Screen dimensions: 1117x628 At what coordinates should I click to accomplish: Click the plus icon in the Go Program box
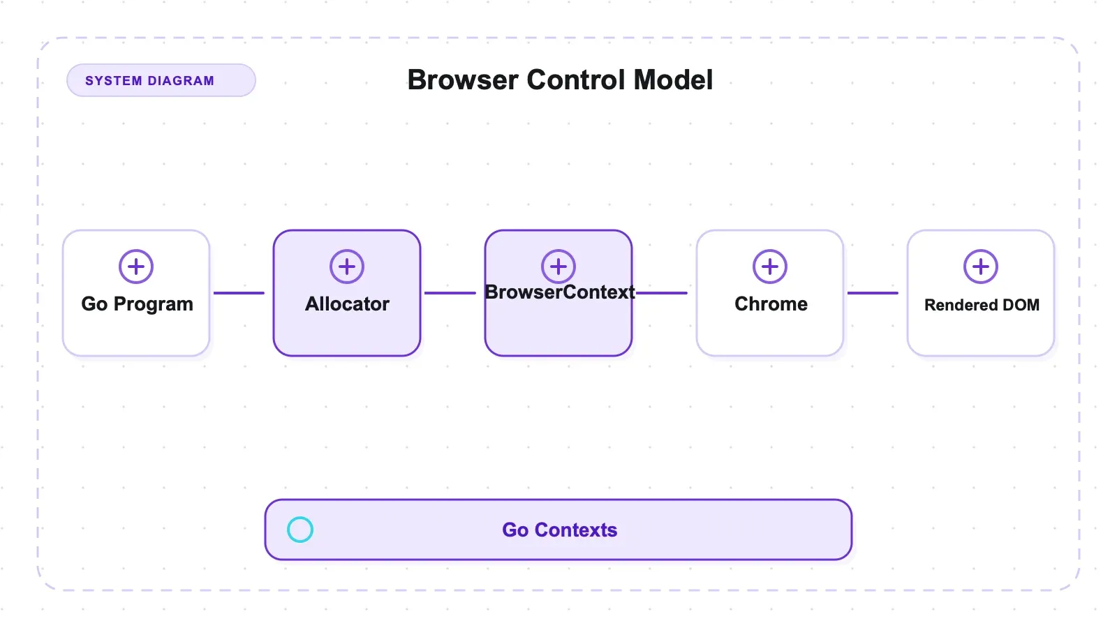[135, 267]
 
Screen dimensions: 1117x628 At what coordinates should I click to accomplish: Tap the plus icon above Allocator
[346, 267]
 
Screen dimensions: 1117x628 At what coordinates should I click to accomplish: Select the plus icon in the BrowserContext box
[558, 267]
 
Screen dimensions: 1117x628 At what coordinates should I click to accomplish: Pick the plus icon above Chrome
[769, 267]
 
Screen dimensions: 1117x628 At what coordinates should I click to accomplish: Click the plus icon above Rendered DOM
[980, 267]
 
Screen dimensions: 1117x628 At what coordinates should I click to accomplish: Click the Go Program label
[137, 304]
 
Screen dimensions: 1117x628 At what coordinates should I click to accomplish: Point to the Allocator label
[347, 304]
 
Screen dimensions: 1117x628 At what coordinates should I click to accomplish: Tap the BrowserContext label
[559, 292]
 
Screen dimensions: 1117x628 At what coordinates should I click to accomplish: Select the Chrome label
[771, 304]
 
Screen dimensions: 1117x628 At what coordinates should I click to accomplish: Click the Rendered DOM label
[982, 305]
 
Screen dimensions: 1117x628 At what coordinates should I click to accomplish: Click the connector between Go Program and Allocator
[239, 293]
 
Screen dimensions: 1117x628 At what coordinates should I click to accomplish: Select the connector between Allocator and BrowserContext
[450, 293]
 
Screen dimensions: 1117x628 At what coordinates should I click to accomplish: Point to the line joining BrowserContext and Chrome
[662, 293]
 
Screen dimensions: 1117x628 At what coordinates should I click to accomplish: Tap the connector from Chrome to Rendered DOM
[873, 293]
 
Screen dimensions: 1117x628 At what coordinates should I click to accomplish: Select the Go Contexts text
[559, 530]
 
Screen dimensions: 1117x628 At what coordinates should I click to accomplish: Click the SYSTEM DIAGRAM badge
[161, 80]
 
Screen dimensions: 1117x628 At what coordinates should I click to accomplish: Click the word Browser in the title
[463, 80]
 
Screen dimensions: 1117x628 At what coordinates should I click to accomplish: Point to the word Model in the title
[673, 80]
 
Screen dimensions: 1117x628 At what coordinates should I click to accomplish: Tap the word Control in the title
[576, 80]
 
